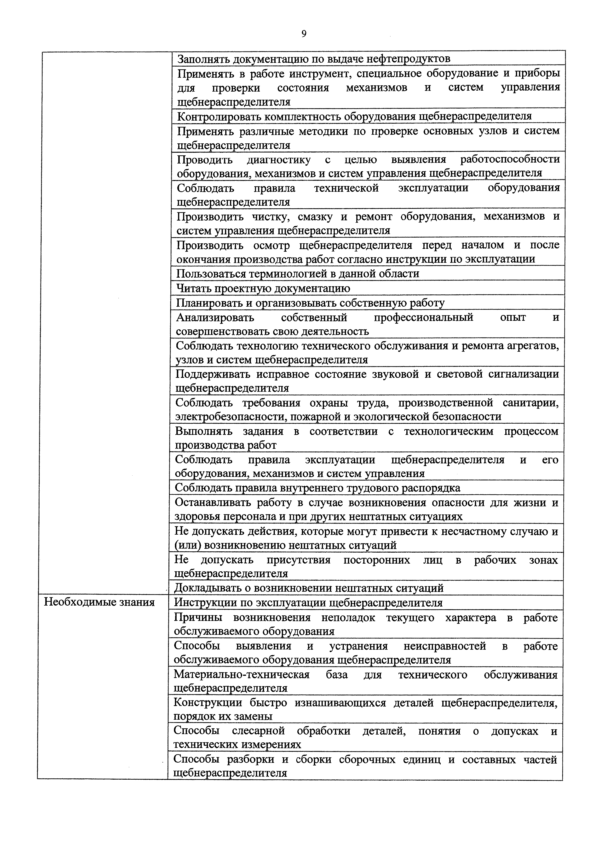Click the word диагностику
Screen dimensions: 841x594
[x=278, y=159]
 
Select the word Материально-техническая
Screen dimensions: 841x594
[x=242, y=675]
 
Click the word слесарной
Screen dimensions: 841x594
[x=258, y=731]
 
